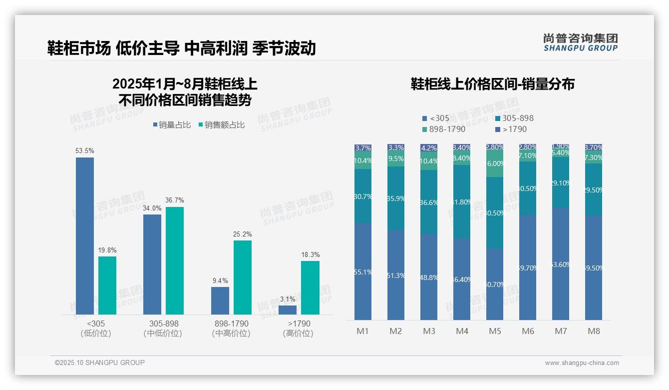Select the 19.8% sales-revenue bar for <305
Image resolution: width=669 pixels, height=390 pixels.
[x=107, y=285]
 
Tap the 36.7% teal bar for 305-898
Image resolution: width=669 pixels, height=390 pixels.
[x=175, y=260]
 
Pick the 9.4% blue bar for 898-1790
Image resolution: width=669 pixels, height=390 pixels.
[x=220, y=300]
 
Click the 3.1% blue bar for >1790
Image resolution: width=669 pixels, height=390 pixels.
[x=288, y=309]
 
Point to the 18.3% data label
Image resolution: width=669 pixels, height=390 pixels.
[x=311, y=254]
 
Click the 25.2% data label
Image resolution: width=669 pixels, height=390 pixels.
[x=243, y=234]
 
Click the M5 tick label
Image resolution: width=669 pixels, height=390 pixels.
[x=495, y=331]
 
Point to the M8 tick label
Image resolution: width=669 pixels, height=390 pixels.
[x=594, y=331]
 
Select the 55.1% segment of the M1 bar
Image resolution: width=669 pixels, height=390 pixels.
[x=363, y=271]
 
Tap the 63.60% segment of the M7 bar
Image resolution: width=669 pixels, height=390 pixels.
[x=561, y=264]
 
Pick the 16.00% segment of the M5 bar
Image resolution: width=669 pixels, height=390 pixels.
[x=495, y=164]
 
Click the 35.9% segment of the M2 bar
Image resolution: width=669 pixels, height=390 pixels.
[x=396, y=198]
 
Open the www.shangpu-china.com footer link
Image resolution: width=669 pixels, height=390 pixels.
[x=582, y=363]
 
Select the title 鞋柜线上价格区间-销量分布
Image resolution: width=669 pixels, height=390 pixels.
[x=492, y=84]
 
